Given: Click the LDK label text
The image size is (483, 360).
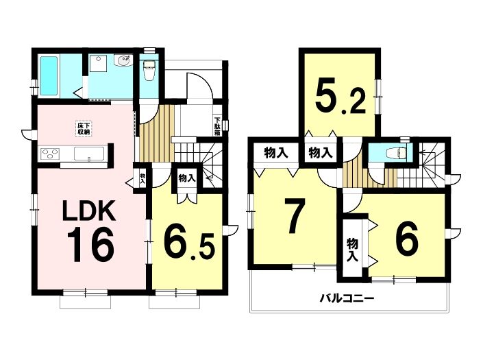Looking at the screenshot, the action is click(88, 211).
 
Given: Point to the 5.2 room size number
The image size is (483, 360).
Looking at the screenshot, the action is click(340, 97).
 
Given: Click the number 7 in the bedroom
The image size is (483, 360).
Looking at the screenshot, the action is click(295, 216).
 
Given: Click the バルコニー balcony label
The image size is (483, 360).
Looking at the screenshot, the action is click(346, 298).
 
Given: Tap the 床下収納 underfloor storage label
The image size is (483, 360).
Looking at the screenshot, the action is click(83, 128).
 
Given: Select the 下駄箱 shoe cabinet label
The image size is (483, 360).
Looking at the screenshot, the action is click(217, 126).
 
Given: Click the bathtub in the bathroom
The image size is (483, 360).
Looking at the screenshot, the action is click(49, 75).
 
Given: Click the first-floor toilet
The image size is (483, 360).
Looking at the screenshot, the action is click(149, 71).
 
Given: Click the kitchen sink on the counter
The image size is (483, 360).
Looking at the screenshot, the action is click(89, 154).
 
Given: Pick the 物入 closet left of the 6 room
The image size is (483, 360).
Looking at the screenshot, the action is click(352, 250).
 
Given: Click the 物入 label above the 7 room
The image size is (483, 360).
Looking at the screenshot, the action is click(275, 152).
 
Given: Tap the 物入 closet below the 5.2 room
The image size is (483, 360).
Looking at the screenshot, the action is click(321, 152).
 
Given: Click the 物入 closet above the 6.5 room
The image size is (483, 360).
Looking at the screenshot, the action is click(186, 178).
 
